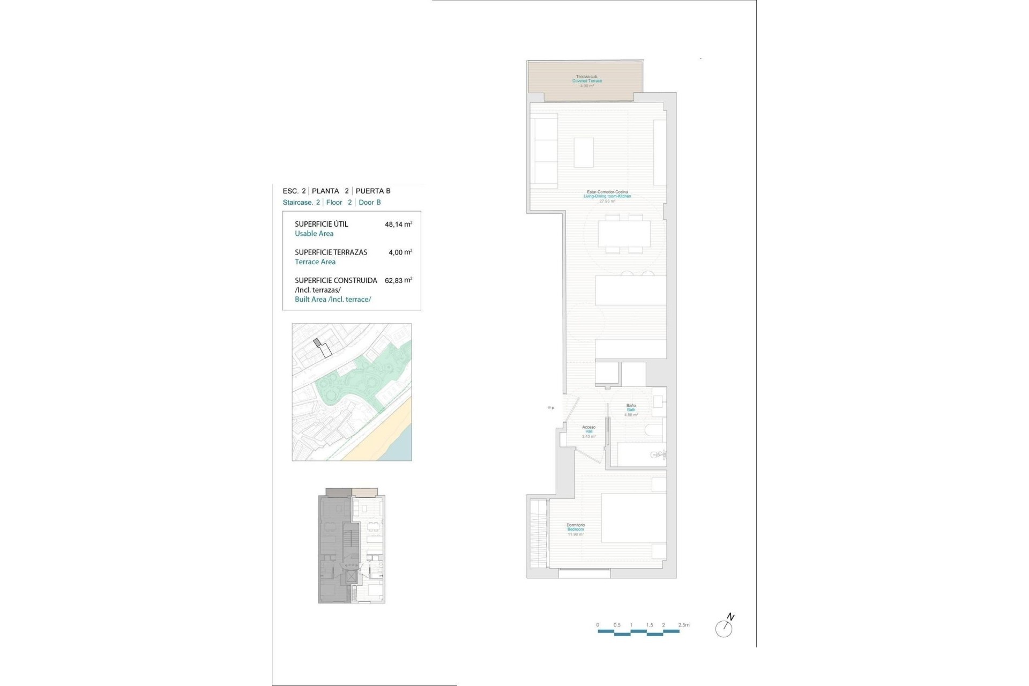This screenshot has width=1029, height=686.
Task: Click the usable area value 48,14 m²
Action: tap(398, 225)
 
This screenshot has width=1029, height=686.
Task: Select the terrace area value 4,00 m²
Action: tap(400, 252)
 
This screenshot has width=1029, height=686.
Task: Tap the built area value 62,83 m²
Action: tap(398, 280)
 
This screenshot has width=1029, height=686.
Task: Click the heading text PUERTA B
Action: tap(373, 191)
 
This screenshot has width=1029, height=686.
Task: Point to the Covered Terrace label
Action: tap(587, 81)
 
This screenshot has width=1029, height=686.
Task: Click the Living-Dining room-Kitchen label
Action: tap(607, 196)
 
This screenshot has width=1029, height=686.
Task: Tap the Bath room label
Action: tap(631, 410)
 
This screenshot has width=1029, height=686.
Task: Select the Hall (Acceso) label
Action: tap(588, 431)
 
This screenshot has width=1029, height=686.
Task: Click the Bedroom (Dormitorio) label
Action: tap(576, 530)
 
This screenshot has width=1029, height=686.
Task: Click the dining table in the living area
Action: tap(624, 234)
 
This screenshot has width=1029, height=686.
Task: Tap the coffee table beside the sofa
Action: tap(584, 152)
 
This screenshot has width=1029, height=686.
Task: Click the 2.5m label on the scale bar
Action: tap(683, 625)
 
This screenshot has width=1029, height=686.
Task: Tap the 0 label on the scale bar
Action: tap(598, 625)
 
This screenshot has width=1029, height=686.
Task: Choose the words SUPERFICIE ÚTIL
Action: tap(321, 224)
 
